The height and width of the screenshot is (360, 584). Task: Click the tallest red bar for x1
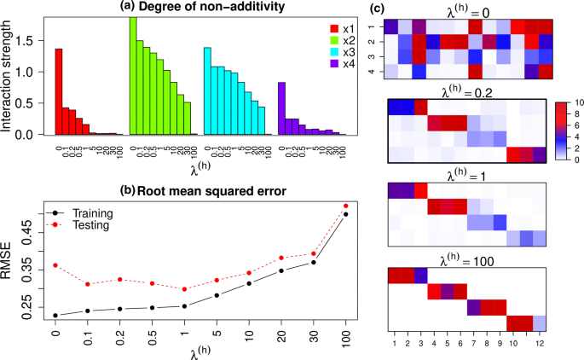point(59,91)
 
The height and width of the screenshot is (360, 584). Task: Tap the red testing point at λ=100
point(345,206)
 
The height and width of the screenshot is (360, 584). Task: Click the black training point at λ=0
point(55,316)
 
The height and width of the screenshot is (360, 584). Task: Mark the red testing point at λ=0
point(55,265)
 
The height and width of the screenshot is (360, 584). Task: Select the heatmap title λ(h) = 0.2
point(465,90)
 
